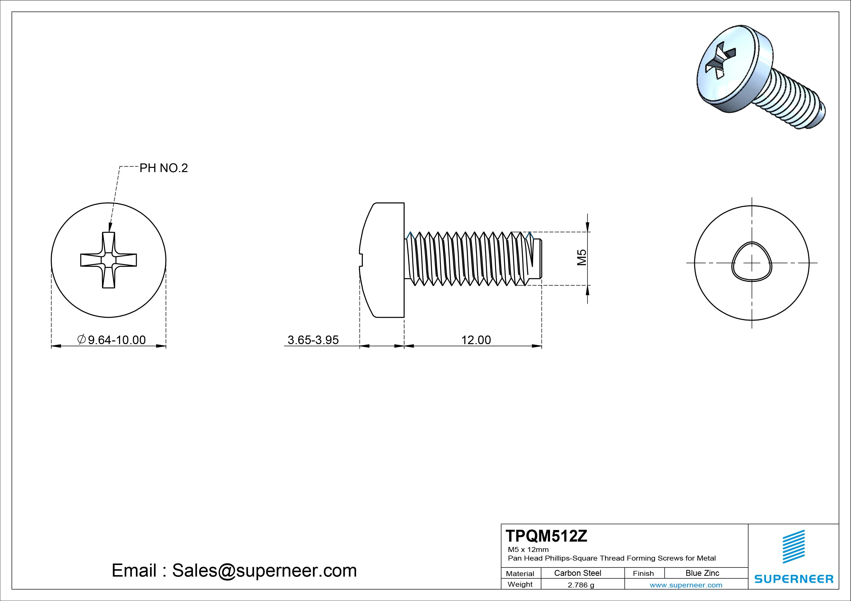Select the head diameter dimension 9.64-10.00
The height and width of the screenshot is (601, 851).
(x=116, y=340)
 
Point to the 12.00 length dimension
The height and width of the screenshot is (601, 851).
(x=476, y=340)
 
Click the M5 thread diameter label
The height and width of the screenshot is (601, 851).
(x=582, y=257)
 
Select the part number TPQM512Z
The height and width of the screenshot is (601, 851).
(x=546, y=536)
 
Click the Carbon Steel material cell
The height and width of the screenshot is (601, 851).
(x=577, y=573)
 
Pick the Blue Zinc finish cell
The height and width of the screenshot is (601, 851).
(x=702, y=573)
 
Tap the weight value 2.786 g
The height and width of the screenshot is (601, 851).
(x=581, y=585)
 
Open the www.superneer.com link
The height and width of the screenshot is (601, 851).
(x=686, y=585)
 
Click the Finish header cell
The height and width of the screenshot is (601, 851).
(x=643, y=573)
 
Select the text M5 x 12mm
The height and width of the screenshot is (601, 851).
(x=528, y=549)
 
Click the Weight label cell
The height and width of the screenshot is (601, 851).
(x=520, y=584)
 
